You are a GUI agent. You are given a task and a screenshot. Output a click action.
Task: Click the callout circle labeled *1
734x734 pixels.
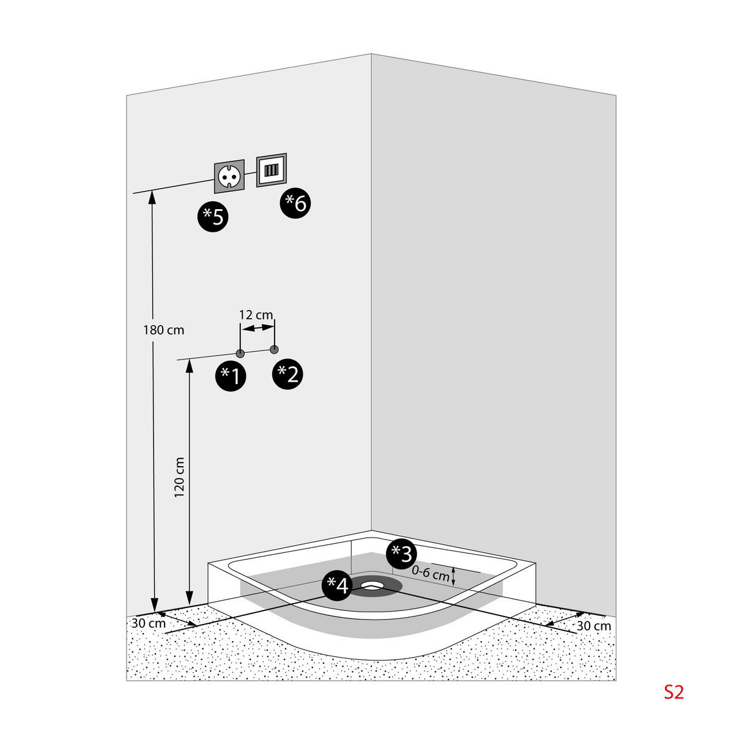(x=231, y=376)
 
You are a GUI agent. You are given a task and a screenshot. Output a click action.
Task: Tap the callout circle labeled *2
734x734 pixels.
(x=287, y=374)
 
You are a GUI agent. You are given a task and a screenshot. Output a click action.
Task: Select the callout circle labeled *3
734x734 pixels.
(x=401, y=554)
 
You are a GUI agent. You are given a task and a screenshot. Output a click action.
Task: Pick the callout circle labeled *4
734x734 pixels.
(x=338, y=585)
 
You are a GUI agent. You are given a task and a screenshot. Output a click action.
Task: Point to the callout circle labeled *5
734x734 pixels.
(x=212, y=217)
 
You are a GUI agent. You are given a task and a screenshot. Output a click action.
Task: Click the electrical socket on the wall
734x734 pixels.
(x=229, y=176)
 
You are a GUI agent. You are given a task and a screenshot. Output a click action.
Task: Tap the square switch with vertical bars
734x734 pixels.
(x=272, y=170)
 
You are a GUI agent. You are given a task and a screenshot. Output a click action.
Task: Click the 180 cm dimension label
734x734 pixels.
(x=164, y=330)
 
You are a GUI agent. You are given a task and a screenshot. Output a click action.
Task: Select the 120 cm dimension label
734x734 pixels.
(x=179, y=477)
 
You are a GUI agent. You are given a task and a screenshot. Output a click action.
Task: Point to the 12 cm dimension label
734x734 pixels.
(x=256, y=315)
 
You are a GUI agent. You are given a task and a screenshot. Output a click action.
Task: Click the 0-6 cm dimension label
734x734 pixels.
(x=431, y=573)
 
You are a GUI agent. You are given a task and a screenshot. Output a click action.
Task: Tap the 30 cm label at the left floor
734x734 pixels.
(x=149, y=623)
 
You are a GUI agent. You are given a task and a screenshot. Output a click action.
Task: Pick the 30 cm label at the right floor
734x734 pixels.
(x=594, y=626)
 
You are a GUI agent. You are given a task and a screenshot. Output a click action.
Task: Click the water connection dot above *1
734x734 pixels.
(x=240, y=354)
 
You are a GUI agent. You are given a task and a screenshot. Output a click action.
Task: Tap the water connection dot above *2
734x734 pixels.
(x=274, y=349)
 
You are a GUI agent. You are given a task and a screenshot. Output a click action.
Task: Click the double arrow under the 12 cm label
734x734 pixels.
(x=258, y=328)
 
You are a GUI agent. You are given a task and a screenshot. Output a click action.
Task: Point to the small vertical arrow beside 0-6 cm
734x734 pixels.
(x=453, y=576)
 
